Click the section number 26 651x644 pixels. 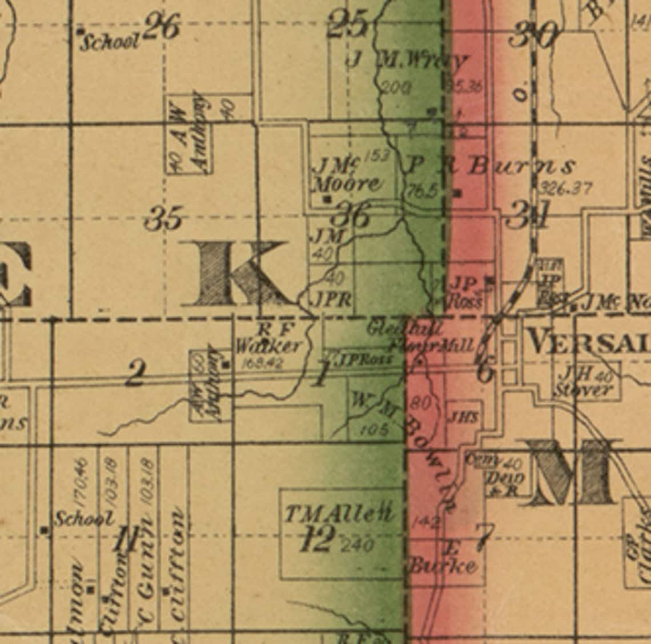163,27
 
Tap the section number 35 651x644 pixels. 164,218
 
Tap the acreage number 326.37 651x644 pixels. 565,188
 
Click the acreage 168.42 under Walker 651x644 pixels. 263,362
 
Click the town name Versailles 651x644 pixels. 588,342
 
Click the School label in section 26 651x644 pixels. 109,42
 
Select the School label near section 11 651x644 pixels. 83,518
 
